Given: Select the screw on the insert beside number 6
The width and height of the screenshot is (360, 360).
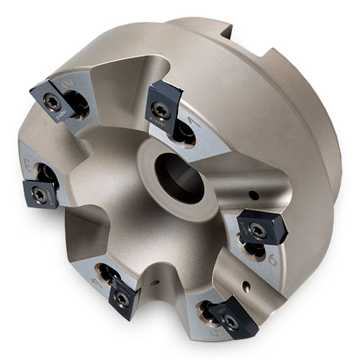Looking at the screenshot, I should point(258,228).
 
